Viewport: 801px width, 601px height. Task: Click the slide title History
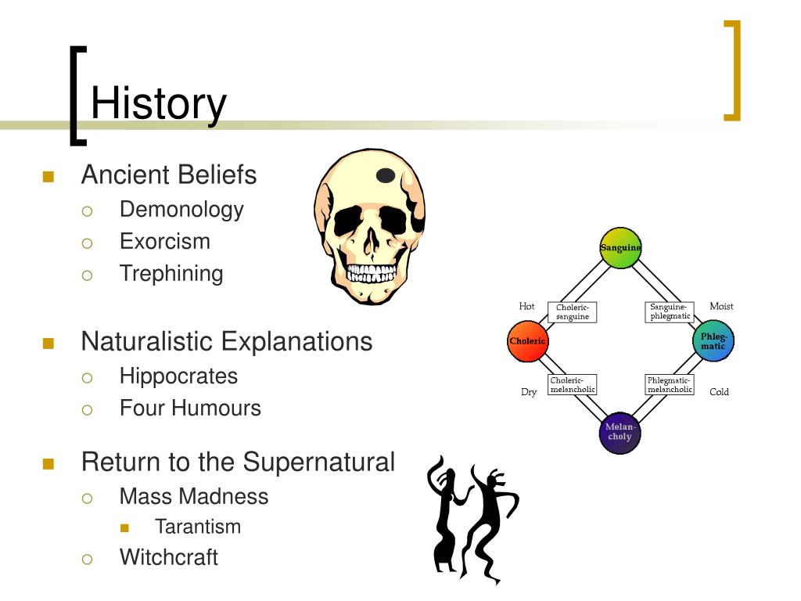point(158,104)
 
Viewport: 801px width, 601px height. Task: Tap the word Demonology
point(181,210)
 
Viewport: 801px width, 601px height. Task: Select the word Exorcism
point(164,241)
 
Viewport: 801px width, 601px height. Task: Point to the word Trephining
point(171,274)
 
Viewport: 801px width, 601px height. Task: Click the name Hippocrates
point(178,376)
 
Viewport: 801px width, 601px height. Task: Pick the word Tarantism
point(198,527)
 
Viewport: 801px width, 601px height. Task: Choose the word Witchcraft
point(169,557)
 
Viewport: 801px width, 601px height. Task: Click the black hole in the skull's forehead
point(386,175)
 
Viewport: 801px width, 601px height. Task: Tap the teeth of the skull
point(371,273)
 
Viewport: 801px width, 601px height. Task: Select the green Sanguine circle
point(620,248)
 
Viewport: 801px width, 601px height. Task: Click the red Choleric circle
point(528,341)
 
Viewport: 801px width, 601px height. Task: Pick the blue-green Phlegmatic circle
point(713,341)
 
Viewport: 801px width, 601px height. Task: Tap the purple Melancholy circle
point(620,433)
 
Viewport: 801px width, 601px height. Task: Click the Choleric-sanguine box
point(572,312)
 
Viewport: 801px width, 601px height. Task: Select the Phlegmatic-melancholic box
point(670,385)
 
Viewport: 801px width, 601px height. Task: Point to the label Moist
point(721,306)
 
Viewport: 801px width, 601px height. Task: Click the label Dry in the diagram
point(529,392)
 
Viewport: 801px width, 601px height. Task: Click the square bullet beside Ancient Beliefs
point(48,177)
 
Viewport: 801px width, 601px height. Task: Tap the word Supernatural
point(319,462)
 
